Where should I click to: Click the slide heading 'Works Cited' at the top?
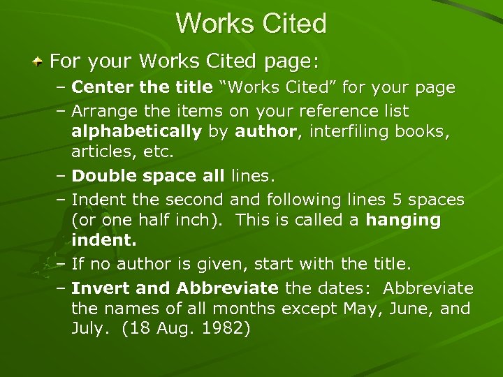point(251,24)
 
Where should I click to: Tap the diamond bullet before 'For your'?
point(39,62)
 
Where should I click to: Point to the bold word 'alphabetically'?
point(136,132)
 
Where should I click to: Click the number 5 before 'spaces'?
point(397,200)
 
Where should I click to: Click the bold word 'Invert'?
point(97,288)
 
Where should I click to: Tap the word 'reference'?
point(330,111)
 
